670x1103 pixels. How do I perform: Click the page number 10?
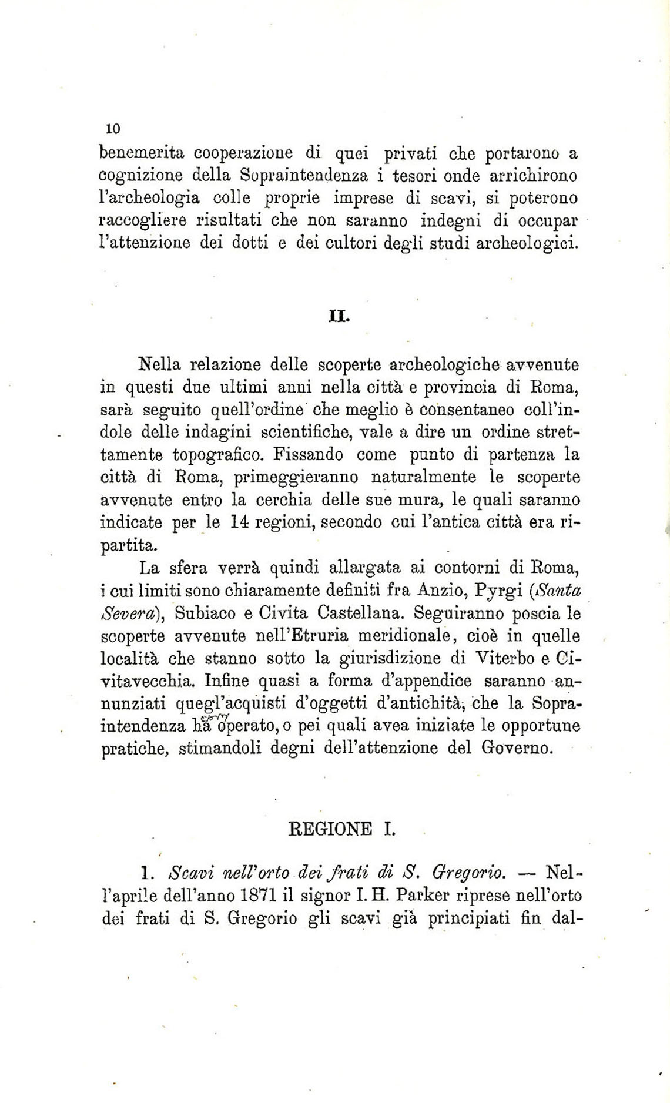click(113, 129)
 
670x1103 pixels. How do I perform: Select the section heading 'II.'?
click(339, 317)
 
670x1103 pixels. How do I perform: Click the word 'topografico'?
click(215, 455)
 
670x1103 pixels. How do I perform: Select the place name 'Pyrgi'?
click(501, 591)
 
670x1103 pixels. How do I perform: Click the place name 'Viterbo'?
click(504, 658)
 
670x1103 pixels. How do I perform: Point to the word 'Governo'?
click(517, 749)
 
